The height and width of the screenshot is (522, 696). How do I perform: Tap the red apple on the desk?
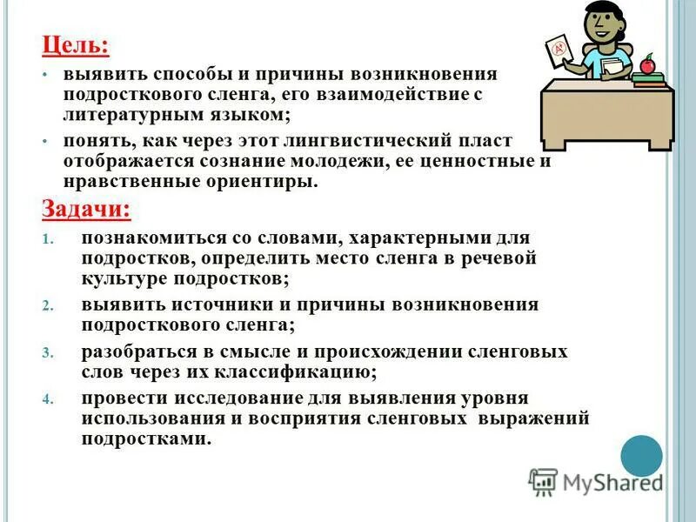(646, 64)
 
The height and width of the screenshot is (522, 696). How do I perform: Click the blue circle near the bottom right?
(642, 455)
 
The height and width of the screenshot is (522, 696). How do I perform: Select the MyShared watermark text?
(612, 481)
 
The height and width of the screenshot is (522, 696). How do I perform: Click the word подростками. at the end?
(146, 439)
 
